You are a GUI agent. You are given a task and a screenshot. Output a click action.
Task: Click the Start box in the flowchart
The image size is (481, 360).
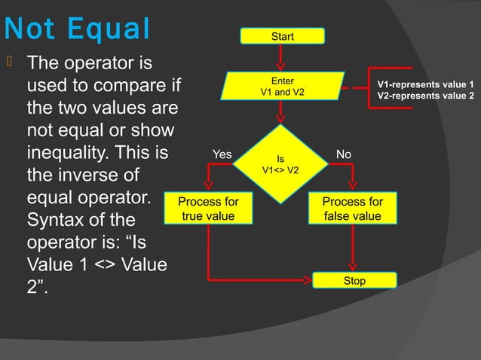point(283,36)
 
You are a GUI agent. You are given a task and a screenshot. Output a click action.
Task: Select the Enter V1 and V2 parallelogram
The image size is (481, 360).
point(283,86)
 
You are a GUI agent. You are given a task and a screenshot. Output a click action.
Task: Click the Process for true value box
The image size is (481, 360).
point(209,209)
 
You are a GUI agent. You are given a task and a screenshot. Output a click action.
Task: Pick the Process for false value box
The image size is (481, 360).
point(353,209)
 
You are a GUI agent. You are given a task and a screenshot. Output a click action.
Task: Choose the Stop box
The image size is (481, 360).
point(354,281)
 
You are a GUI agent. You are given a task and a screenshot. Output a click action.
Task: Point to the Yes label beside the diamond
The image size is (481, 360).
point(222,154)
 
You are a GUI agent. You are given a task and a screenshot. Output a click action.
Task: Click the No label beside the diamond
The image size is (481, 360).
point(344,154)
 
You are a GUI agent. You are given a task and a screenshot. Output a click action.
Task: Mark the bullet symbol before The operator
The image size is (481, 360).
point(8,59)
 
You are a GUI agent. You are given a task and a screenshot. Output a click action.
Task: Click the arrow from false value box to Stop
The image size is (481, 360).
point(353,249)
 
